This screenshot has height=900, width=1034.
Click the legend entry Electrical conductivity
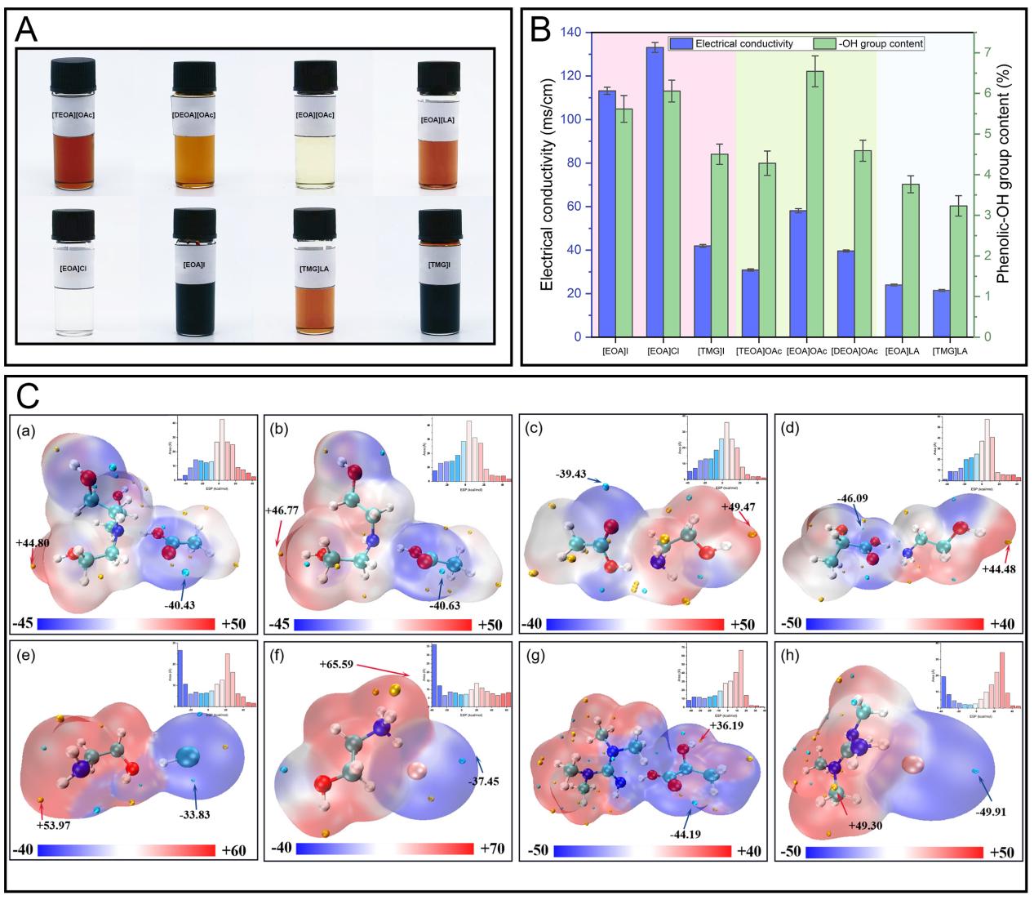click(x=738, y=43)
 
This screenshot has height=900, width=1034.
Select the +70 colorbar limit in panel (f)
click(x=495, y=849)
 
